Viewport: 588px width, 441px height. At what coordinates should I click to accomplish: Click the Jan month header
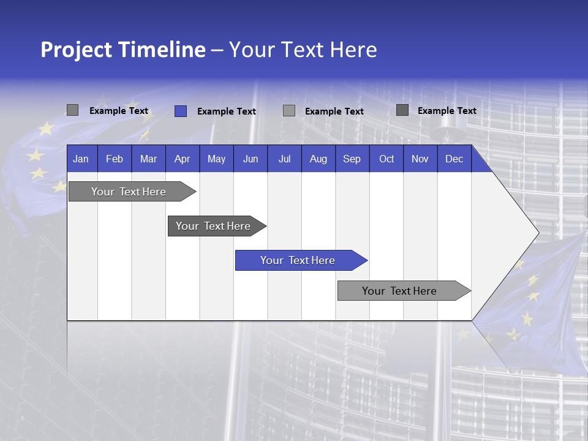[x=81, y=159]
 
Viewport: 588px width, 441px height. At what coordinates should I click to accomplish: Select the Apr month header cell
[x=182, y=159]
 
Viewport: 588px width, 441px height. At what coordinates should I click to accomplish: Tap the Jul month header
[x=284, y=159]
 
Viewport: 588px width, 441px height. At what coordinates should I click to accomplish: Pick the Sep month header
[x=352, y=159]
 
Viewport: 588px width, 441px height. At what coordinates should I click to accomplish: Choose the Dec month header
[x=454, y=159]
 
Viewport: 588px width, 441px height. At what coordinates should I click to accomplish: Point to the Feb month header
[x=115, y=159]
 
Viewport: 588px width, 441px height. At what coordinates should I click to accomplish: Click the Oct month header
[x=386, y=159]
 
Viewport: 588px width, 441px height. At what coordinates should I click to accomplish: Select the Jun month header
[x=251, y=159]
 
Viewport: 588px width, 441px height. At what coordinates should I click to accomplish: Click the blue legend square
[x=181, y=111]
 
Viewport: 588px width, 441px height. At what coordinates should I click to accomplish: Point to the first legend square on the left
[x=72, y=110]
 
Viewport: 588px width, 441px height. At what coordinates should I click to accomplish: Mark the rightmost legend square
[x=402, y=110]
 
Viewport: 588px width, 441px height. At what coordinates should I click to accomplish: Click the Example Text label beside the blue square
[x=226, y=111]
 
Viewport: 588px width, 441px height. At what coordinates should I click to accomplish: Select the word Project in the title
[x=76, y=50]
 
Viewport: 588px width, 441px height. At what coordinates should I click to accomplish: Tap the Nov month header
[x=420, y=159]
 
